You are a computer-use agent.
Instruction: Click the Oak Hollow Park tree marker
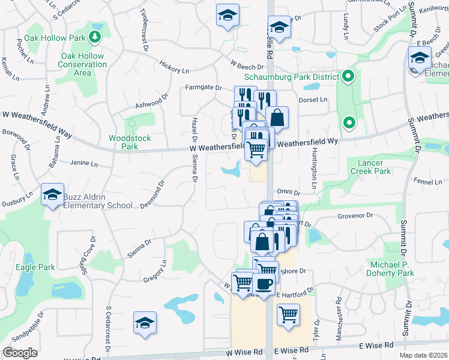tap(95, 38)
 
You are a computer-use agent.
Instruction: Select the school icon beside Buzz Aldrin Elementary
tap(52, 195)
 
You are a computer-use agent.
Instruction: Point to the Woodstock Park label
tap(130, 142)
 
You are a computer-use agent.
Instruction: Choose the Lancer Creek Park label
tap(374, 167)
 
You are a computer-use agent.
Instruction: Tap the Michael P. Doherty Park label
tap(392, 269)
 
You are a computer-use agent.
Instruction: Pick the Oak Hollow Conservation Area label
tap(82, 64)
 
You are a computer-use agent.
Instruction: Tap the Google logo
tap(20, 352)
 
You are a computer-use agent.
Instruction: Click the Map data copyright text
tap(423, 355)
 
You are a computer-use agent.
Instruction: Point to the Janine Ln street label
tap(83, 163)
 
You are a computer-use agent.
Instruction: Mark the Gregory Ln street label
tap(155, 272)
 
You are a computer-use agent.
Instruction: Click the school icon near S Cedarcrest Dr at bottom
tap(145, 323)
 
